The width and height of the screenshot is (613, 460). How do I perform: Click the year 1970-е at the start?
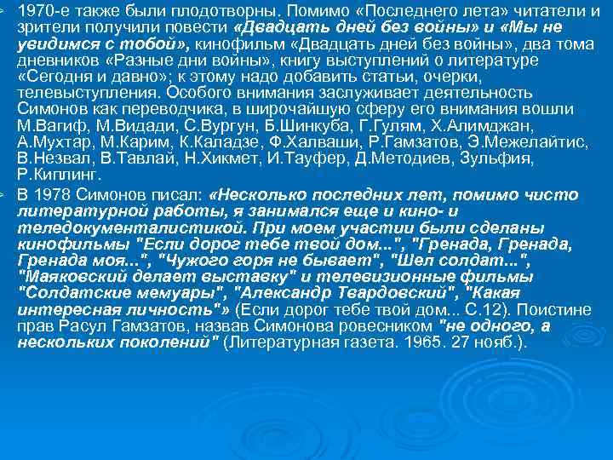click(40, 11)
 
